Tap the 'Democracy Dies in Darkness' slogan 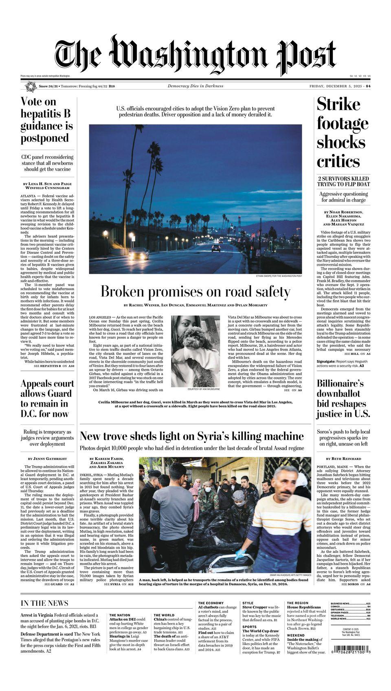coord(195,86)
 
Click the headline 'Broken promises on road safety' coord(195,292)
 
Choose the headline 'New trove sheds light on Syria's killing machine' coord(192,436)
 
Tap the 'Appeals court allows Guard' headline coord(47,398)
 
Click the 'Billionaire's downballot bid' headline coord(343,398)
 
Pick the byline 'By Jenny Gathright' coord(47,459)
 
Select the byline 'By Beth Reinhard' coord(343,459)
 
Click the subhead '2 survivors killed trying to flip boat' coord(343,181)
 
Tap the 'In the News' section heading coord(44,603)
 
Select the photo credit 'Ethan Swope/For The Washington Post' coord(279,276)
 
